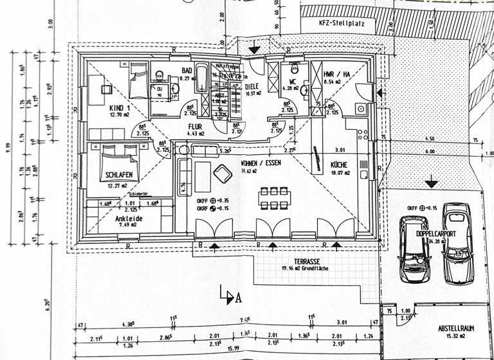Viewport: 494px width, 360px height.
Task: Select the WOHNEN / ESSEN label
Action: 261,163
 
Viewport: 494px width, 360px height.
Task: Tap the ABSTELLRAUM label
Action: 457,328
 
